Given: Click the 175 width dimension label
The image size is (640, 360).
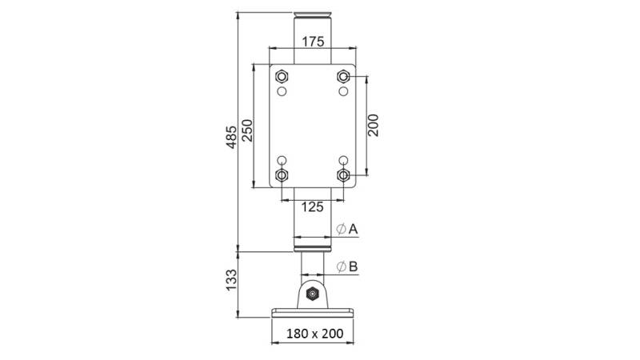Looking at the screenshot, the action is point(313,42).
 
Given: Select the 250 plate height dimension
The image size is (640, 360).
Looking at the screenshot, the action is point(247,130).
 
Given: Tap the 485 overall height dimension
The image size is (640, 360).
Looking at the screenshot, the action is point(231,137).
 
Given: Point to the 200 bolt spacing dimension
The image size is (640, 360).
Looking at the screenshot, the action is point(373,126).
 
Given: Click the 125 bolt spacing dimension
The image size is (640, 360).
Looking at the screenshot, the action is point(312,207).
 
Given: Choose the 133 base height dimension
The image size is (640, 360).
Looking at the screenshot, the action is point(231,280).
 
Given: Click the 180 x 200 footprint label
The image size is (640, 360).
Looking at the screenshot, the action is point(314,334).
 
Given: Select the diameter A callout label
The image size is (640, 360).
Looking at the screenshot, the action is point(347,229).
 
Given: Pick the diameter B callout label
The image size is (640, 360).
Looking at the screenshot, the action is point(347,266).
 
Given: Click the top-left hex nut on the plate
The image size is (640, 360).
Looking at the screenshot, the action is point(282,76).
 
